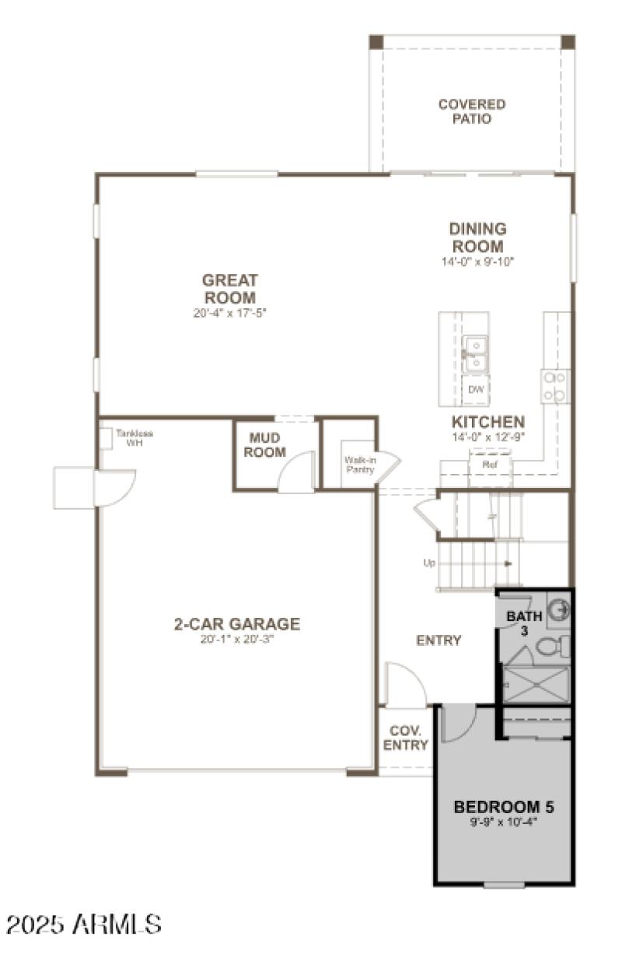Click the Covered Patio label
471,112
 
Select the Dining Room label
477,237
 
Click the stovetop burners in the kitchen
555,386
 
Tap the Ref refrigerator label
489,465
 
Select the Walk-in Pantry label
360,465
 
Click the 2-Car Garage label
236,624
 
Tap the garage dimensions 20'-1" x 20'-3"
236,640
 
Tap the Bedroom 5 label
503,806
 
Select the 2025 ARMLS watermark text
84,924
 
